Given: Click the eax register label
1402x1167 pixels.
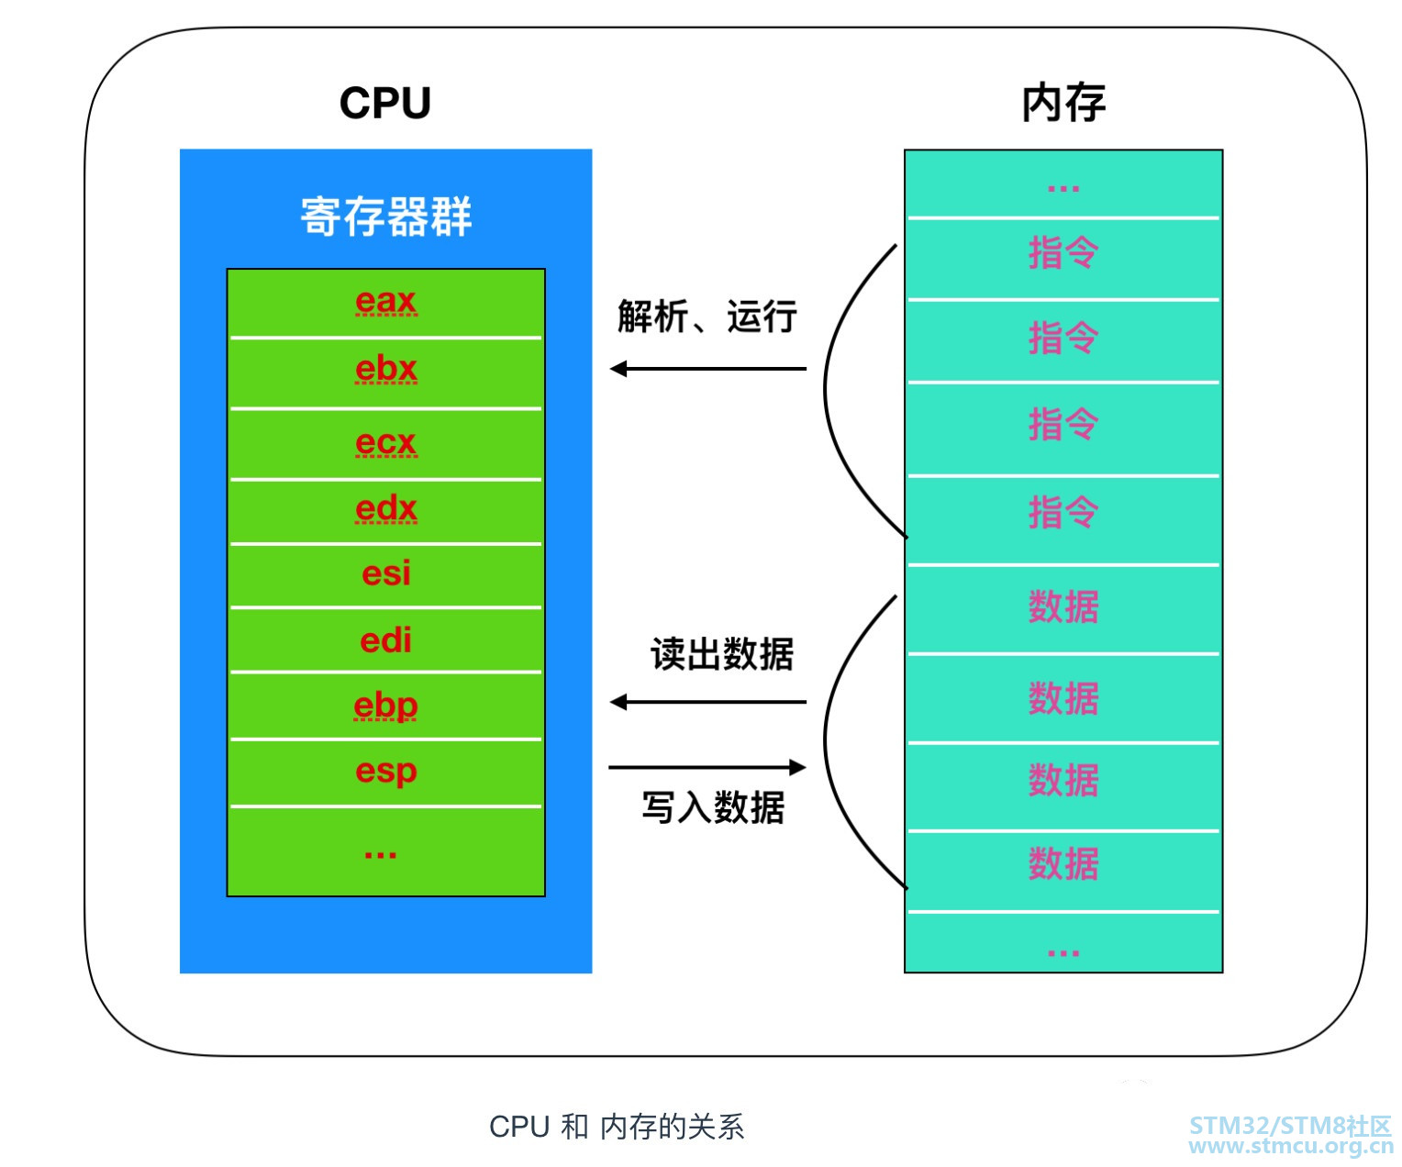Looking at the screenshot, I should [386, 301].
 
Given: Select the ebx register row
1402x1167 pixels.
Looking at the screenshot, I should [386, 370].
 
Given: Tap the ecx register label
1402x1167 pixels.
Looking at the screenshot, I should [386, 442].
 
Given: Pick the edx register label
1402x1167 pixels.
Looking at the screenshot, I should [386, 508].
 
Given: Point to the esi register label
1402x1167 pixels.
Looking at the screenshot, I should [386, 573].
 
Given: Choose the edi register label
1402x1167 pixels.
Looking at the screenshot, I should [386, 639].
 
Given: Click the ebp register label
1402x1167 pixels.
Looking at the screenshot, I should [386, 706].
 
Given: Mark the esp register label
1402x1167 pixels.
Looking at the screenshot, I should [386, 771].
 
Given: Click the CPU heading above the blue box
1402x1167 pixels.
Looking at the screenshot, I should [385, 103].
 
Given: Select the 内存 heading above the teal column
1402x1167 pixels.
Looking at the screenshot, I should [1063, 103].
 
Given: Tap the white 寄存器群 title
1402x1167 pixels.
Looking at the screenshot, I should [386, 217].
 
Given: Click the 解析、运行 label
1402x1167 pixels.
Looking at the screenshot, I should [707, 317].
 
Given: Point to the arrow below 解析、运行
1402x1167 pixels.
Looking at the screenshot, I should [708, 369].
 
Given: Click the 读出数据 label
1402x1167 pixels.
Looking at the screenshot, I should [721, 655].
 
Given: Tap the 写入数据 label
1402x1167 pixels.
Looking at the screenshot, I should [713, 808].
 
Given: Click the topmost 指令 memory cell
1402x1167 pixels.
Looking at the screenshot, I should [1063, 253].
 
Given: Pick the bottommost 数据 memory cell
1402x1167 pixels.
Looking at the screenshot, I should [1063, 864].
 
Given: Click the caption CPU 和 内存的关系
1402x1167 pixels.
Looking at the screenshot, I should [617, 1127].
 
